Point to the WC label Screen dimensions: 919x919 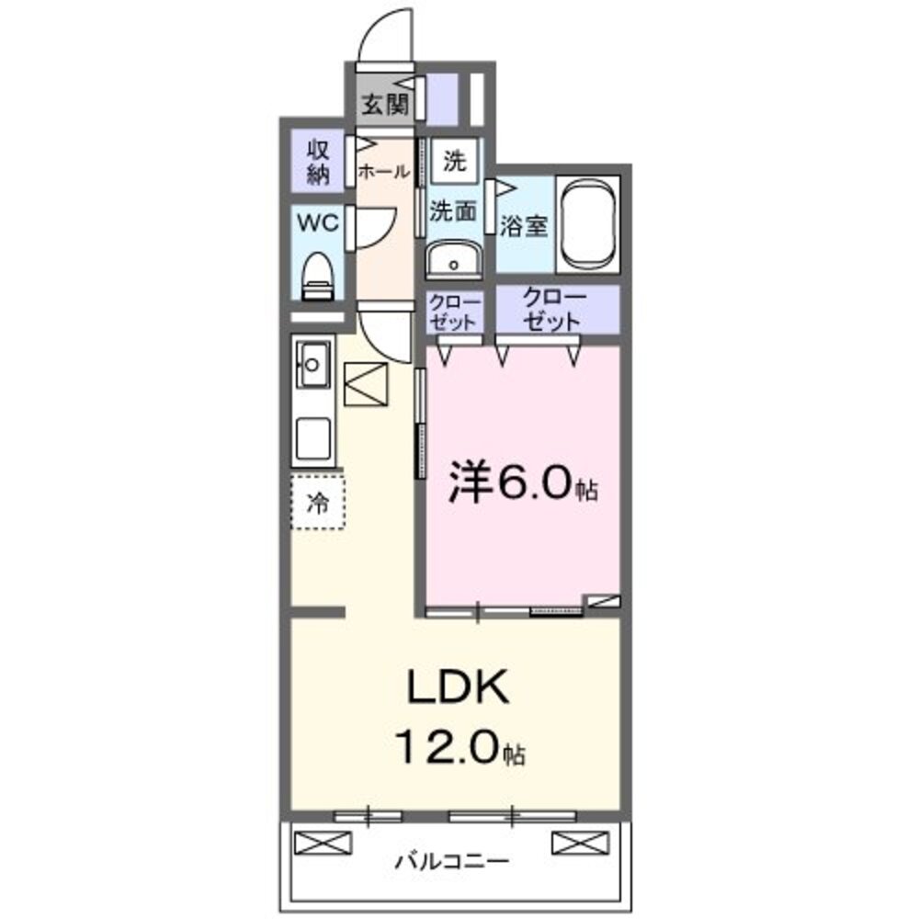316,222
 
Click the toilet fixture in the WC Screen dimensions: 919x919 318,274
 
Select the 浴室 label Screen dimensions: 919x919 524,226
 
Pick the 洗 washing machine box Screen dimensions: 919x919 454,163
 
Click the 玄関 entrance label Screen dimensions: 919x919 383,105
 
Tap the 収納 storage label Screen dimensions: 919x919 318,163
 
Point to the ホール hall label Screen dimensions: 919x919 382,171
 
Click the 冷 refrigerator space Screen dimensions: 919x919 318,502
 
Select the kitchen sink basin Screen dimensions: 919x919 312,367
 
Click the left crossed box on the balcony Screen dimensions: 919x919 323,842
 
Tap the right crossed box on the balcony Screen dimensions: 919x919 580,842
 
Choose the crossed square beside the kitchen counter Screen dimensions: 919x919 367,385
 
